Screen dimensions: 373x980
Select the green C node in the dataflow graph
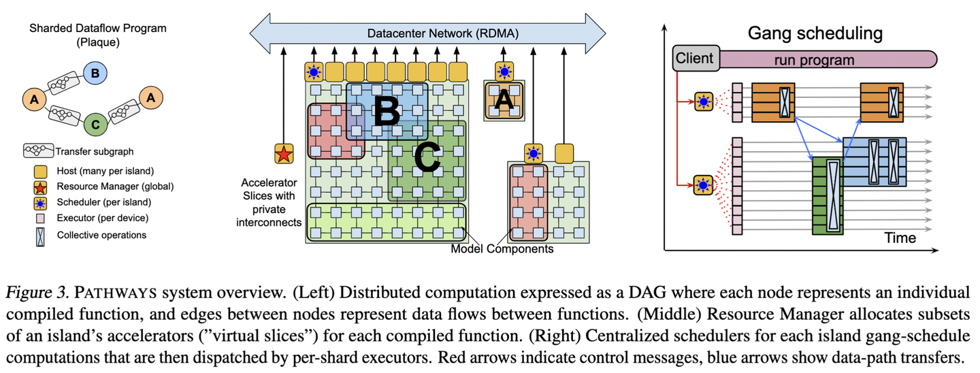click(95, 124)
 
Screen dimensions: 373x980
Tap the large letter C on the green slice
click(427, 159)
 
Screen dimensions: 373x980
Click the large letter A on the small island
click(504, 100)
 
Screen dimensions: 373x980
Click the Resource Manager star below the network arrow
click(283, 155)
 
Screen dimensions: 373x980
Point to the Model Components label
click(502, 249)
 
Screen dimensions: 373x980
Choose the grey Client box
click(694, 59)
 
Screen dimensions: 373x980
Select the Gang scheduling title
click(815, 33)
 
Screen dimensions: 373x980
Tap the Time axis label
click(900, 238)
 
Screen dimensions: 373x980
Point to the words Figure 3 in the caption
click(37, 294)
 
